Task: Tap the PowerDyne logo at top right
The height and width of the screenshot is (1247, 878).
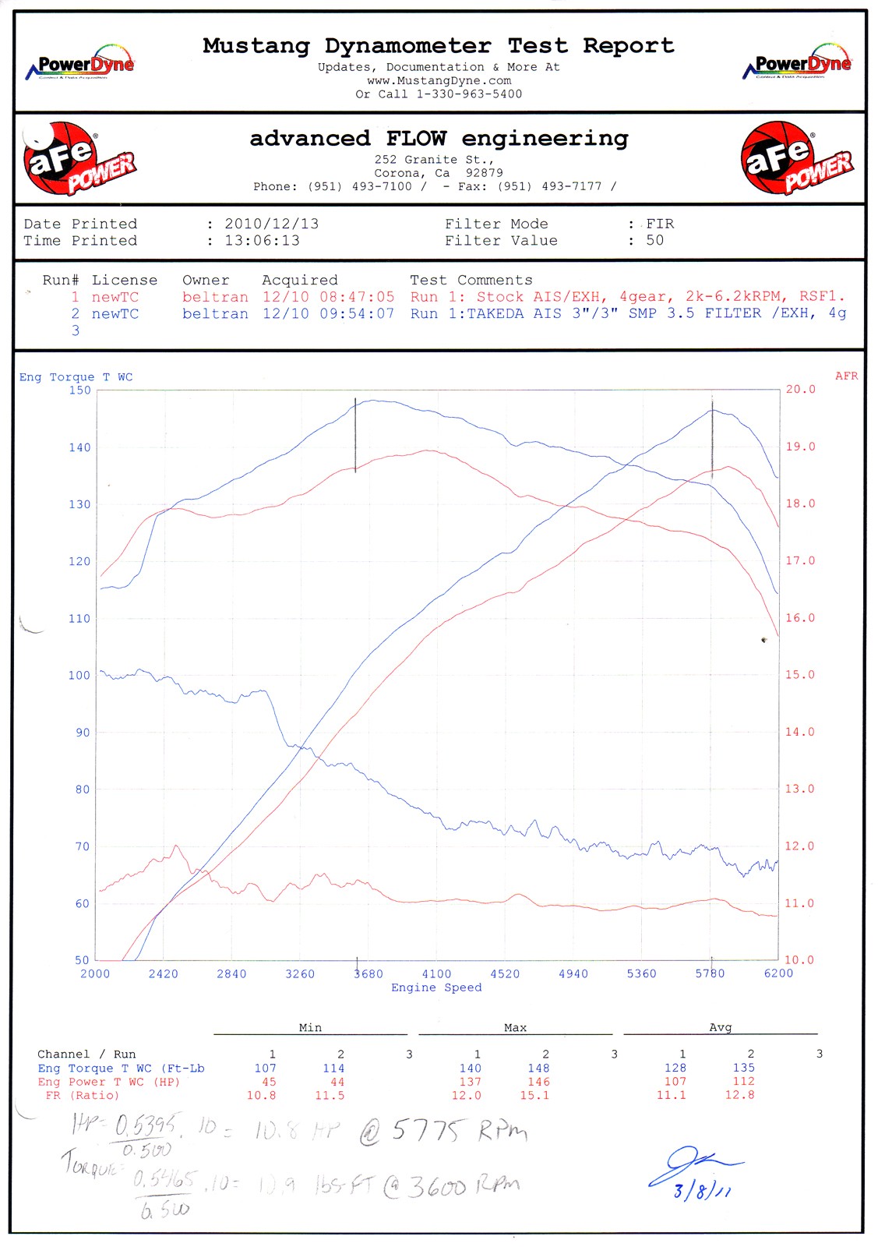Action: click(798, 62)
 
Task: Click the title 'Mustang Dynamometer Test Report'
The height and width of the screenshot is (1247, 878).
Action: click(439, 46)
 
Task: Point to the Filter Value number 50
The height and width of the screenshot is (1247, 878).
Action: click(655, 241)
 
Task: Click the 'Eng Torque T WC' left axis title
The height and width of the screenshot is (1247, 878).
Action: click(76, 377)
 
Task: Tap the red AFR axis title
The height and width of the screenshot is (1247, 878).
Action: click(846, 376)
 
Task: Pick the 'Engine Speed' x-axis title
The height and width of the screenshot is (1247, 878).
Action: click(436, 987)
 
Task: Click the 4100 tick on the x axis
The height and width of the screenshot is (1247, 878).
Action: click(436, 973)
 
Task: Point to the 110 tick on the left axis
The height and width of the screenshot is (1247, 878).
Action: click(79, 618)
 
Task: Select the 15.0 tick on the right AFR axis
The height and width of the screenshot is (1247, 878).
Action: click(799, 675)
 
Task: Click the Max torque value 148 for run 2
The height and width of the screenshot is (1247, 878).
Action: click(538, 1069)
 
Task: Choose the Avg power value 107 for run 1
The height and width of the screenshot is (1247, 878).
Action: click(675, 1082)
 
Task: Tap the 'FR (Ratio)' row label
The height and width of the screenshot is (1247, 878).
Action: click(83, 1095)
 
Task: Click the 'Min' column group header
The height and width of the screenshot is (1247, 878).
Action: click(310, 1028)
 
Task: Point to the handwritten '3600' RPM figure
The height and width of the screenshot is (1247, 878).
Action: click(438, 1187)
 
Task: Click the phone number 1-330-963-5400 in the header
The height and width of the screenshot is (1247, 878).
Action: click(469, 94)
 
